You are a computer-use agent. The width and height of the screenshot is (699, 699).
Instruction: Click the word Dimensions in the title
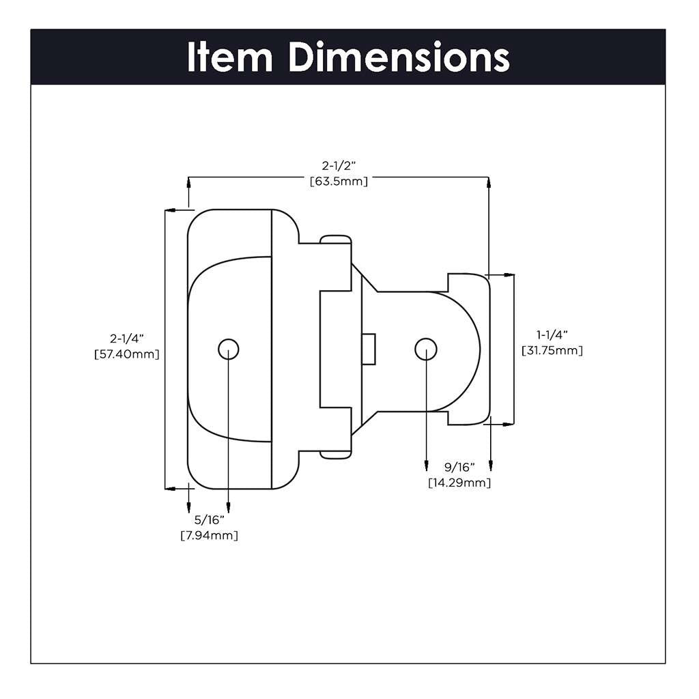(x=399, y=57)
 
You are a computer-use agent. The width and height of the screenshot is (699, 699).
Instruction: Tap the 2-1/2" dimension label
(x=339, y=166)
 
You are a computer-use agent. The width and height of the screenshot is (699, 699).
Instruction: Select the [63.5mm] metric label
(x=339, y=182)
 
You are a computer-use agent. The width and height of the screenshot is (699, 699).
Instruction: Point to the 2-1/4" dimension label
(x=128, y=339)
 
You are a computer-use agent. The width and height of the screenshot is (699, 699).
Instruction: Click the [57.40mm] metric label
(x=127, y=354)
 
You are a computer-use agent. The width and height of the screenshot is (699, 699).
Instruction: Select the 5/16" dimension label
(x=210, y=520)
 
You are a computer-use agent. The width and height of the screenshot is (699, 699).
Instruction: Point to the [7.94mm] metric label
(x=210, y=536)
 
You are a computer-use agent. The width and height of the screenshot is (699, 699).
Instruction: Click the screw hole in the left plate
(x=229, y=349)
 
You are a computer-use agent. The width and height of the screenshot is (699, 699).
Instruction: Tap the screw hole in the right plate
(x=425, y=349)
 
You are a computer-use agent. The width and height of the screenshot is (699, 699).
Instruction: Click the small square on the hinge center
(x=369, y=349)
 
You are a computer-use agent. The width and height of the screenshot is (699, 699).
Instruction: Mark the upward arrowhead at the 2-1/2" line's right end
(x=489, y=182)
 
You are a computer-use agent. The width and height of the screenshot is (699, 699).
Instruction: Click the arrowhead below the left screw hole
(x=229, y=509)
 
